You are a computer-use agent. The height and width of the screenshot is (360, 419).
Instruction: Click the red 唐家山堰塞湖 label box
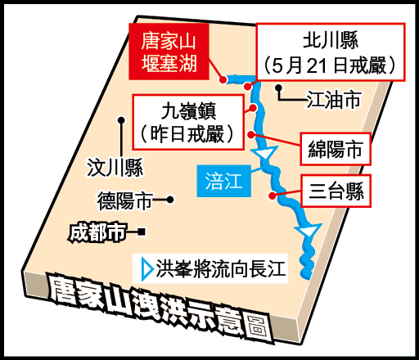(x=169, y=52)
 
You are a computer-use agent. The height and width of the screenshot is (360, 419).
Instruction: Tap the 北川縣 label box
(x=331, y=52)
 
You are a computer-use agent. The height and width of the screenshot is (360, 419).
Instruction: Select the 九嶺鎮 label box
(x=188, y=122)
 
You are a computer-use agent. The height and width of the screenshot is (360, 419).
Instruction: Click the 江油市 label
(x=335, y=100)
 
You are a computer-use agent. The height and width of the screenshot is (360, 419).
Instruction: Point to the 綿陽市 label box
(x=336, y=149)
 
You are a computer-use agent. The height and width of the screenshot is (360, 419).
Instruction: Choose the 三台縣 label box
(x=336, y=191)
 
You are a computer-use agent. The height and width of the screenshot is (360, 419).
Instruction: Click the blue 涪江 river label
(x=224, y=181)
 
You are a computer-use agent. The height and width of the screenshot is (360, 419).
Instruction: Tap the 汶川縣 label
(x=115, y=168)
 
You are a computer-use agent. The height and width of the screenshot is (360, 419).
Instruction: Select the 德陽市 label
(x=125, y=200)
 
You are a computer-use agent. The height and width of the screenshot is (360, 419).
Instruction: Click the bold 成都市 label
(x=98, y=232)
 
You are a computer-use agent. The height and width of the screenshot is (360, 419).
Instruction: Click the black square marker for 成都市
(x=142, y=232)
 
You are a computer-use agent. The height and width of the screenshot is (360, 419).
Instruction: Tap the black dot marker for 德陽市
(x=170, y=200)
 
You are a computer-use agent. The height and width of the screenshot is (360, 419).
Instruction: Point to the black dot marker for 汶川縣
(x=121, y=120)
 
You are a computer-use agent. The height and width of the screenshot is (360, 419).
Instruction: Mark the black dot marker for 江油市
(x=278, y=88)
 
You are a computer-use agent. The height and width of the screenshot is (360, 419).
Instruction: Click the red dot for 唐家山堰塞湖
(x=223, y=79)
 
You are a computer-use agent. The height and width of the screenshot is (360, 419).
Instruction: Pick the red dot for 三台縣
(x=272, y=196)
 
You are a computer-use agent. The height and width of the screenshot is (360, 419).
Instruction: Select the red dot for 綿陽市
(x=251, y=134)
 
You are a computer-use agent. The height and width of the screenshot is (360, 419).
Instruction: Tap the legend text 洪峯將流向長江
(x=221, y=269)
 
